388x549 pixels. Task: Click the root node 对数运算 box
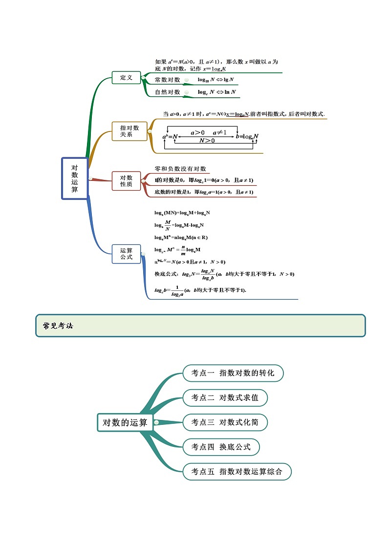tap(74, 178)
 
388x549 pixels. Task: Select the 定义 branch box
tap(126, 78)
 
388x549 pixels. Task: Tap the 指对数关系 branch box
tap(129, 131)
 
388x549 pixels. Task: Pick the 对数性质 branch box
tap(126, 181)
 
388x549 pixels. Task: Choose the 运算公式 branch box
tap(126, 254)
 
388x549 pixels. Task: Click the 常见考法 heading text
tap(58, 326)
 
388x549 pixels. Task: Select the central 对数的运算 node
tap(125, 422)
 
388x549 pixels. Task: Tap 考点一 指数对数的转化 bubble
tap(233, 373)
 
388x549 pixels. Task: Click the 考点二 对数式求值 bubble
tap(225, 397)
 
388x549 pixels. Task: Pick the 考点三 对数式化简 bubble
tap(225, 422)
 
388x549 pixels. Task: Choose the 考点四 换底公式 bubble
tap(221, 447)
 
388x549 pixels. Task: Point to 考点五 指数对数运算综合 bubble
tap(237, 472)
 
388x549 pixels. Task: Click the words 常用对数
tap(168, 80)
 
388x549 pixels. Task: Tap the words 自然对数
tap(168, 92)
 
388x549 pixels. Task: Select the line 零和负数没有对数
tap(180, 169)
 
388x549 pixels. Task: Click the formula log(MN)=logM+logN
tap(182, 213)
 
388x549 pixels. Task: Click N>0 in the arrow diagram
tap(207, 140)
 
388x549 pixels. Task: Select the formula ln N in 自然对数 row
tap(230, 92)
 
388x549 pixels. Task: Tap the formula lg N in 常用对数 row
tap(229, 80)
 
